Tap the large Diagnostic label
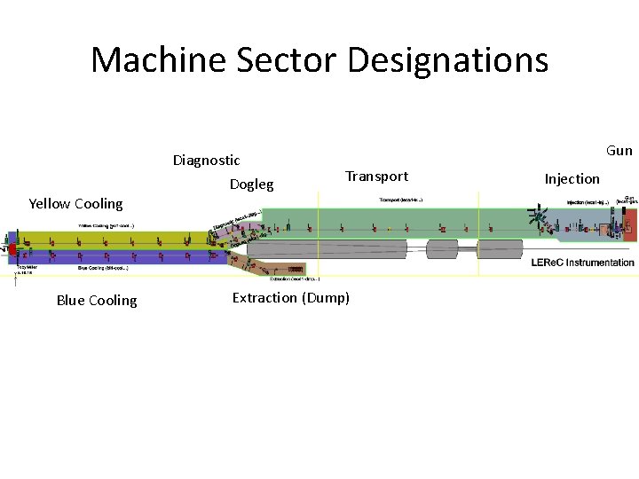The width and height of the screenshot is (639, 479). [x=206, y=161]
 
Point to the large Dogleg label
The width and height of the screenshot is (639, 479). [x=251, y=185]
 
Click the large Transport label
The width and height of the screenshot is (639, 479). [x=376, y=177]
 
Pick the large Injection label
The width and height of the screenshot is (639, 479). [x=572, y=179]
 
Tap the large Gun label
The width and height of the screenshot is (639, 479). [x=619, y=151]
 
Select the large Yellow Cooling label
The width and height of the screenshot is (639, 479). [x=75, y=204]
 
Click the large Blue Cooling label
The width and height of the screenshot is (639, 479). [x=97, y=301]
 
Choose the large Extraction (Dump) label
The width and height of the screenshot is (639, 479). [x=291, y=298]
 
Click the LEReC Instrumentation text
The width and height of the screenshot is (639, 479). [x=582, y=263]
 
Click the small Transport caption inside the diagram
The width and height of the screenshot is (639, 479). [x=401, y=200]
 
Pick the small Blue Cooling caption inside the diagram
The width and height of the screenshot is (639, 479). [x=105, y=267]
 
